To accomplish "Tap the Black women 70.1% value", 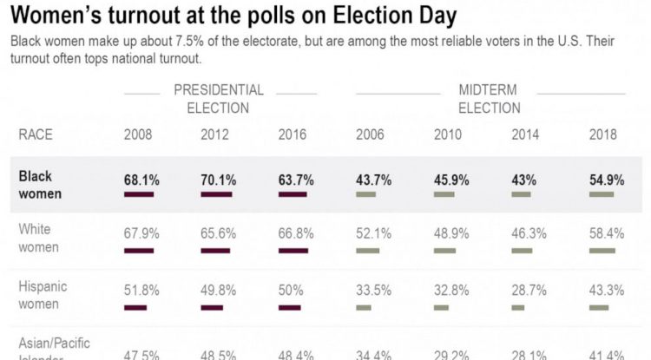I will click(219, 180).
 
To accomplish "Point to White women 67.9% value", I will click(142, 234).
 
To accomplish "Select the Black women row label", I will click(40, 185).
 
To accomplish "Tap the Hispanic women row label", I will click(43, 295).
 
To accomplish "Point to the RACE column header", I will click(36, 134).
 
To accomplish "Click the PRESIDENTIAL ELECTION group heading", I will click(219, 99).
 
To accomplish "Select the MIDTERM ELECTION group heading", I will click(490, 99).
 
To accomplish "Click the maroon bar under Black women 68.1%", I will click(139, 194).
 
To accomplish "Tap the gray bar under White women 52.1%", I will click(365, 251).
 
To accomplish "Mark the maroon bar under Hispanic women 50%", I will click(289, 306).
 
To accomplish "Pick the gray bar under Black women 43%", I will click(521, 194).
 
